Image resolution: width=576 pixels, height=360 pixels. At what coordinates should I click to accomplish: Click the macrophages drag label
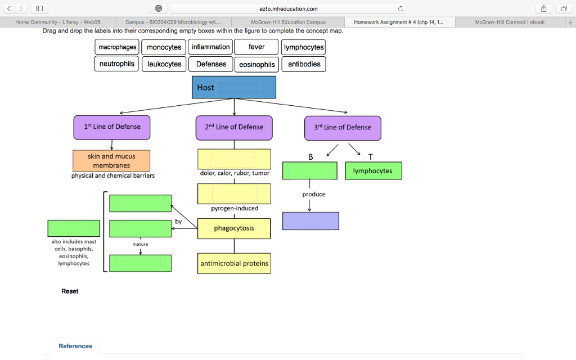click(x=117, y=47)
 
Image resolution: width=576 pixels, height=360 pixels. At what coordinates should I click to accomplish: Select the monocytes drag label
click(x=164, y=47)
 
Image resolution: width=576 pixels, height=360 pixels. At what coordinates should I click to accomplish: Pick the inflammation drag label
click(x=210, y=47)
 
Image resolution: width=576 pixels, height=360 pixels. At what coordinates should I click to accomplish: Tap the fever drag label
click(x=256, y=47)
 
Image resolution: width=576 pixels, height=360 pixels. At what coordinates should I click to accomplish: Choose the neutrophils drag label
click(x=117, y=64)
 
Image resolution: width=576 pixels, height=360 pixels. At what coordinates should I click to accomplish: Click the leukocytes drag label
click(x=164, y=64)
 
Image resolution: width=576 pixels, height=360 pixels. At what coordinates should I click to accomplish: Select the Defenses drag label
click(x=211, y=64)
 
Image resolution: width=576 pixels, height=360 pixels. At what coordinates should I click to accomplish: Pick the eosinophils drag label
click(x=257, y=64)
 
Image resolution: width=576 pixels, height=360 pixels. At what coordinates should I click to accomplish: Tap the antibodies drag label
click(x=304, y=64)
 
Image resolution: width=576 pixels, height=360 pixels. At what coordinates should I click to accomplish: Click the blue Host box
click(x=235, y=87)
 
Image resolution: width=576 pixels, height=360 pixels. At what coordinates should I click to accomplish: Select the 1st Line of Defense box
click(x=112, y=127)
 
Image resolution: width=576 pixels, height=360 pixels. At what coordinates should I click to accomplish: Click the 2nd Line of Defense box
click(x=234, y=127)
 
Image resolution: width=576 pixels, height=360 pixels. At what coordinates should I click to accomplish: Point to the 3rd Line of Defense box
click(x=343, y=128)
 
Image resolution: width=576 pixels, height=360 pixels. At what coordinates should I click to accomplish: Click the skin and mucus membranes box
click(x=111, y=161)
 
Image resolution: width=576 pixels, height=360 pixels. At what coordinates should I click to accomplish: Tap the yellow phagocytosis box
click(x=234, y=228)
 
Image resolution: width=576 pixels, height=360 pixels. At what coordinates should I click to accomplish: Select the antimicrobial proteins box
click(x=234, y=263)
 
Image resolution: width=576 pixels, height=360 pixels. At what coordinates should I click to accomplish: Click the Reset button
click(x=70, y=291)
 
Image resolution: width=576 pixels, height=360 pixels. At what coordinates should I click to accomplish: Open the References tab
click(x=75, y=346)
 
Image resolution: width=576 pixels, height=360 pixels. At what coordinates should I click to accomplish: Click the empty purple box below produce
click(x=310, y=221)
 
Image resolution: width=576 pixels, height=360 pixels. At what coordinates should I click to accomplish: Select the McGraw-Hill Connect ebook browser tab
click(x=510, y=22)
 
